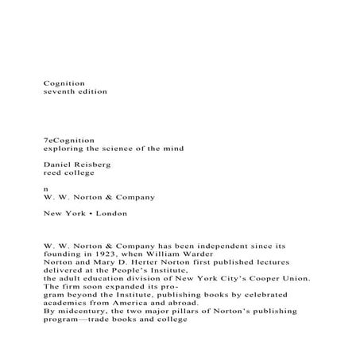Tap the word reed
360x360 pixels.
coord(52,172)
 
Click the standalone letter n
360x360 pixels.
coord(45,188)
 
